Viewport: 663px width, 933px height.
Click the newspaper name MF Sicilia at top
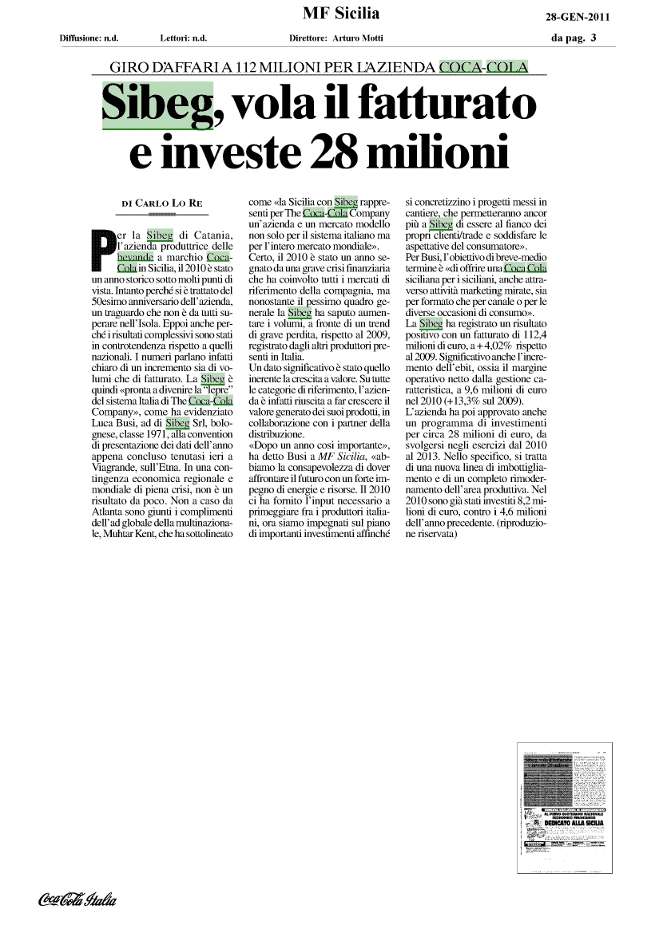tap(341, 14)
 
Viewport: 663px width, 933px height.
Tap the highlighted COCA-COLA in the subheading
tap(483, 67)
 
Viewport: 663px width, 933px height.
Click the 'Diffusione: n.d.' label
tap(89, 38)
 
